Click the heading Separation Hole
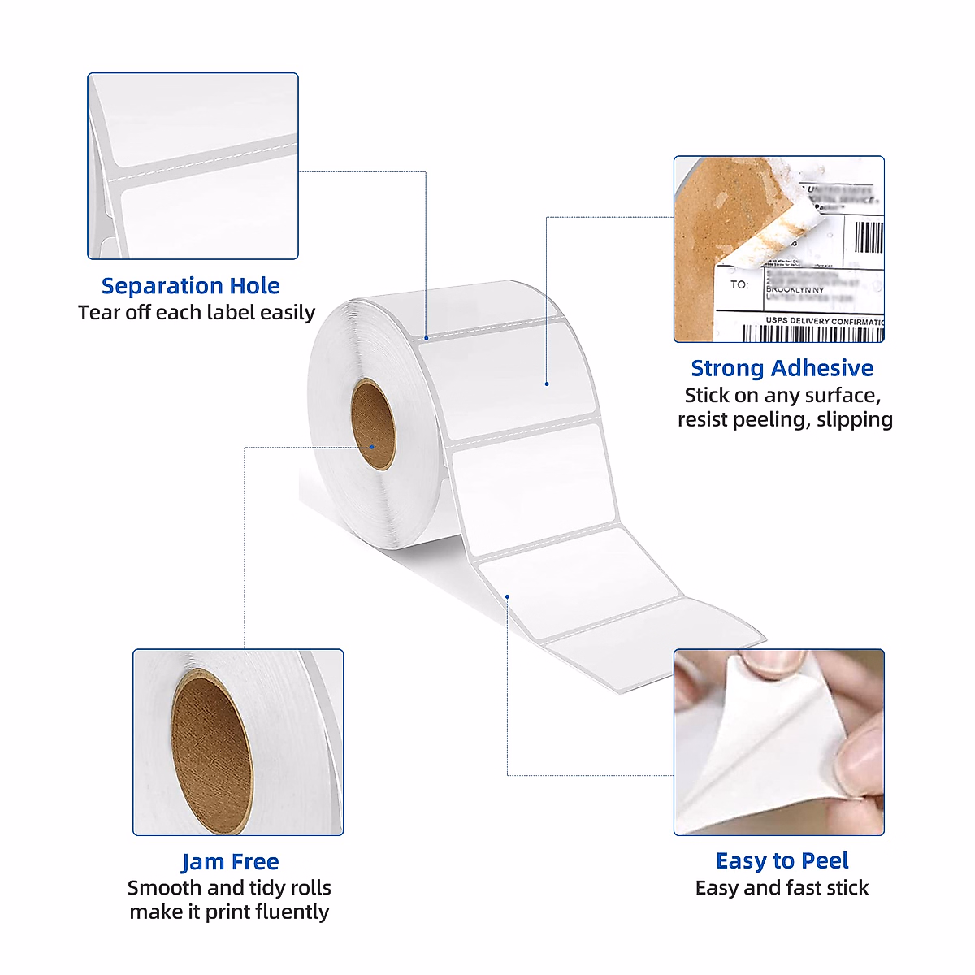point(191,286)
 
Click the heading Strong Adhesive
point(782,368)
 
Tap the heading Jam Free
point(230,861)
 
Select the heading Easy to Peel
point(782,860)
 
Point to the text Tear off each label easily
point(197,313)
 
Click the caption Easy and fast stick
point(782,888)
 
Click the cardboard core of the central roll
point(374,424)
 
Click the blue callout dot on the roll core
point(371,447)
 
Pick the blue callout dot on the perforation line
point(426,337)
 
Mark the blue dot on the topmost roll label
point(547,383)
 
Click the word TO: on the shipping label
point(739,285)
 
